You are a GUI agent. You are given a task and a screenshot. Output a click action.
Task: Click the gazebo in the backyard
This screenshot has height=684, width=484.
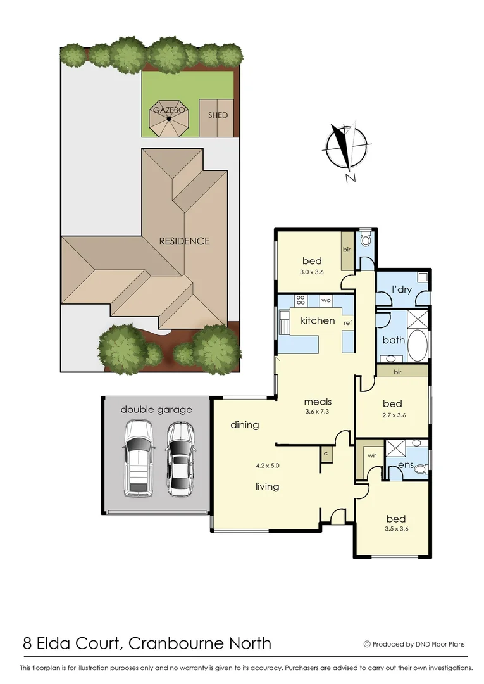coord(168,120)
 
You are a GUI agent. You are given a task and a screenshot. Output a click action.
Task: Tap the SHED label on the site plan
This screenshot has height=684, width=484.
coord(218,115)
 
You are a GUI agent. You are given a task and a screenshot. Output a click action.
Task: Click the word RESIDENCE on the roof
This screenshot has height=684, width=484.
coord(184,241)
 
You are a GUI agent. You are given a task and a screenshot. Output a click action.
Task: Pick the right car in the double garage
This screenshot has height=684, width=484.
coord(181,459)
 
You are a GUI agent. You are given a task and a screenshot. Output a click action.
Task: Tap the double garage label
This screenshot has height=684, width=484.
coord(156,410)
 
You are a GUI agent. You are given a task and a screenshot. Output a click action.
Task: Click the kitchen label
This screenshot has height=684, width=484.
coord(318,320)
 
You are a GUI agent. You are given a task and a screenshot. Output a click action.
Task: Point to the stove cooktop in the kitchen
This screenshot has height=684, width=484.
coord(301,300)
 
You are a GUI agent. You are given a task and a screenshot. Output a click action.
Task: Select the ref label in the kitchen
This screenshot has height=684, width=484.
coord(347,323)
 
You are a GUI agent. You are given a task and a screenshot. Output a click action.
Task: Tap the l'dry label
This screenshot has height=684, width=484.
coord(402,289)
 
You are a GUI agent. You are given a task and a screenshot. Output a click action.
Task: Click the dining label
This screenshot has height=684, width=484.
coord(245,425)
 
